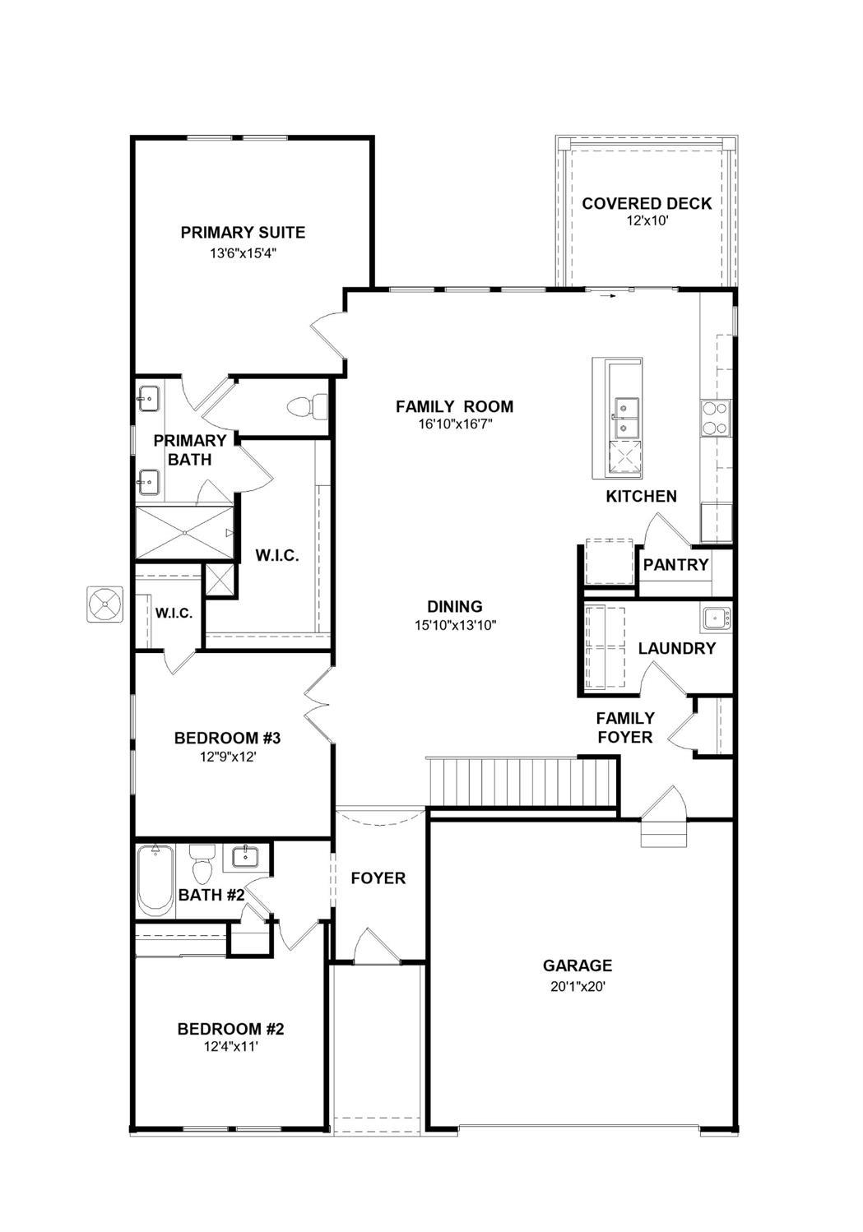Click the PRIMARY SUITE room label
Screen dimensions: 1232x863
243,233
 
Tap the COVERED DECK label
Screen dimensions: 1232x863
647,204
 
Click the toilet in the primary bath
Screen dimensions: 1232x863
309,406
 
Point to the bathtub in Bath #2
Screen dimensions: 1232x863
155,880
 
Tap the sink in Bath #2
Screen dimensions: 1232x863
246,858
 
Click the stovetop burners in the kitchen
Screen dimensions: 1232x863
715,417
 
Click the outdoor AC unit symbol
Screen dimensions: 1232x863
104,604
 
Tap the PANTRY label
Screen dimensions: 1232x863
675,565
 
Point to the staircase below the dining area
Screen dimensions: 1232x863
522,781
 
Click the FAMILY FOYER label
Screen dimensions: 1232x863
625,728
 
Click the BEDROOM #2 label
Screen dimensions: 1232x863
231,1029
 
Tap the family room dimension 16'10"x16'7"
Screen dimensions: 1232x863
454,425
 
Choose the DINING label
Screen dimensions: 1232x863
455,607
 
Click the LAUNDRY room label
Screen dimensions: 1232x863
677,649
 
